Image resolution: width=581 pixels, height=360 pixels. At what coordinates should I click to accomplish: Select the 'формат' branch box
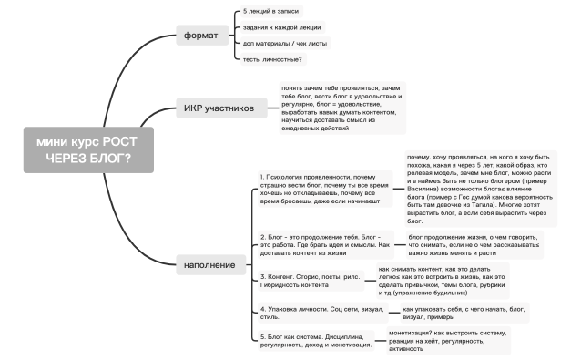pos(200,36)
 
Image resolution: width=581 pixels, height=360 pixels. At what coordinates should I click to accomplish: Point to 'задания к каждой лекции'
pos(281,28)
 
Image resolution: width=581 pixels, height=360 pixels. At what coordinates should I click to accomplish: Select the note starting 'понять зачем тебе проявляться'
pos(341,108)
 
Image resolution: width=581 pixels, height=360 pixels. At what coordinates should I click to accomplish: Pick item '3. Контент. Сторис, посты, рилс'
pos(310,279)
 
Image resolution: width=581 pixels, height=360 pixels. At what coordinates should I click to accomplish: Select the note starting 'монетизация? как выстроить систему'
pos(448,340)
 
